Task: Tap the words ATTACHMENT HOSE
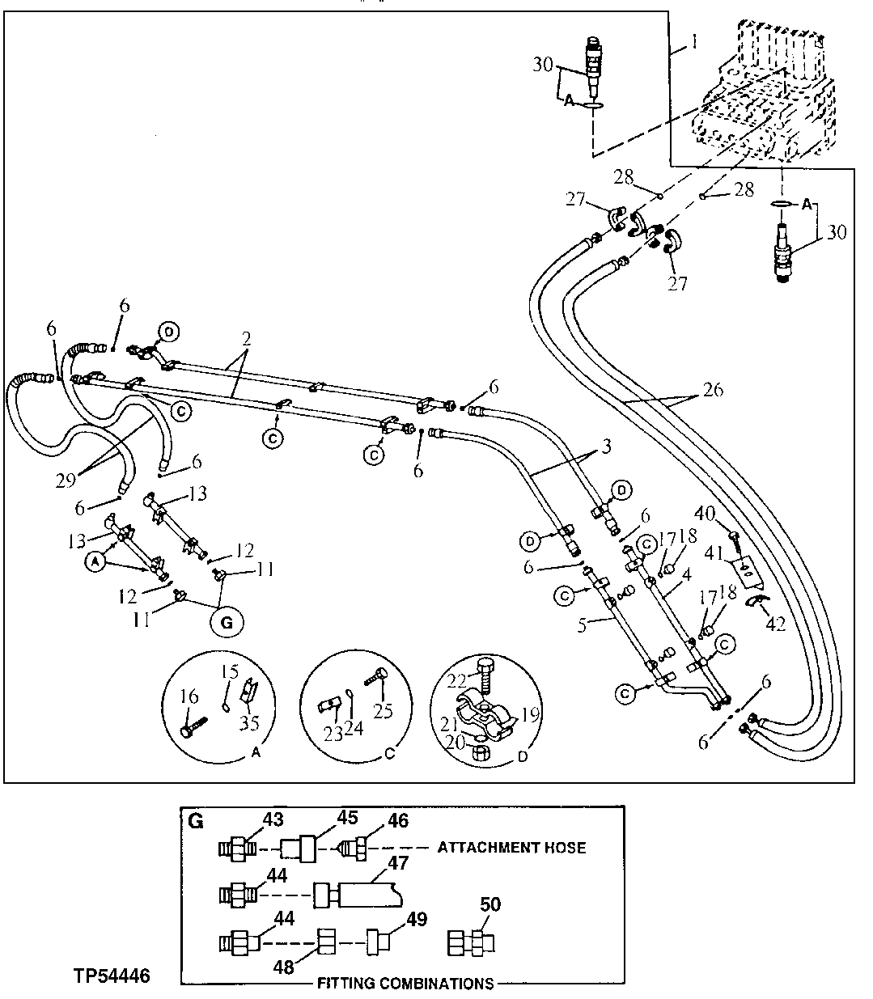click(x=511, y=848)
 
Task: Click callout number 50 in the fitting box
click(x=490, y=904)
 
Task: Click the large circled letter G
click(x=226, y=623)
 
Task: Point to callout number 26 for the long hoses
click(x=712, y=390)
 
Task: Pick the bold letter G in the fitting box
click(x=195, y=820)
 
